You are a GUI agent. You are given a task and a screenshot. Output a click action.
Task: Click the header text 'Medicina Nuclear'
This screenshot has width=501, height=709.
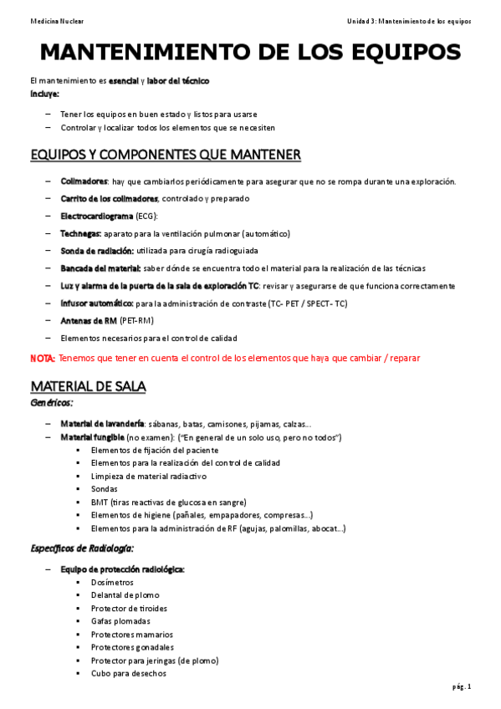56,19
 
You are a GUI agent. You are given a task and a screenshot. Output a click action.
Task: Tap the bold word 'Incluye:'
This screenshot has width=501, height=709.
44,93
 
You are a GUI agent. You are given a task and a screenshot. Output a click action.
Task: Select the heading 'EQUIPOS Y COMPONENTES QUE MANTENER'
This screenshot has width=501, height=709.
165,155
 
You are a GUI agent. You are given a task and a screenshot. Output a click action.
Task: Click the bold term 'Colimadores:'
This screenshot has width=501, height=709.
84,181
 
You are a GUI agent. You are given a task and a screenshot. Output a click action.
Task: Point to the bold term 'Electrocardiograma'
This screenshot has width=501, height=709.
97,217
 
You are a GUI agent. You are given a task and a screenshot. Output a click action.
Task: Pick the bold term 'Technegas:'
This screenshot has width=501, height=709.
81,234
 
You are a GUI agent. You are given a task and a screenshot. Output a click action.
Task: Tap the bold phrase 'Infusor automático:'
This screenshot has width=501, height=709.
97,303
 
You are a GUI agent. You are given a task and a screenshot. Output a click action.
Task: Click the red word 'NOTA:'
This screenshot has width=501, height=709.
43,358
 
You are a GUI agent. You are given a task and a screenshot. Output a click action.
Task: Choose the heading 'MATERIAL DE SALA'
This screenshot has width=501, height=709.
88,386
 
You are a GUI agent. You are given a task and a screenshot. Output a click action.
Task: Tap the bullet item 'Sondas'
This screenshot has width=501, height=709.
105,489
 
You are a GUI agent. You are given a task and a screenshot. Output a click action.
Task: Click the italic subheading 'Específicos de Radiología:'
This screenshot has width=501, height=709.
82,548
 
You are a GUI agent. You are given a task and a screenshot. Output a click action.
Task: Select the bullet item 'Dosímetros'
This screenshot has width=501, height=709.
113,582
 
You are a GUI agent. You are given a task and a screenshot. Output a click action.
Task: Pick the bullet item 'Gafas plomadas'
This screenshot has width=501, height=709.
121,621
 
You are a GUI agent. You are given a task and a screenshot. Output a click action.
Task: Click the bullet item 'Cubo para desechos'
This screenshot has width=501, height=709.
129,673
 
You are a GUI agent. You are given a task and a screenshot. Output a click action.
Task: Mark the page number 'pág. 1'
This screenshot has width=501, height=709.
463,686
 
